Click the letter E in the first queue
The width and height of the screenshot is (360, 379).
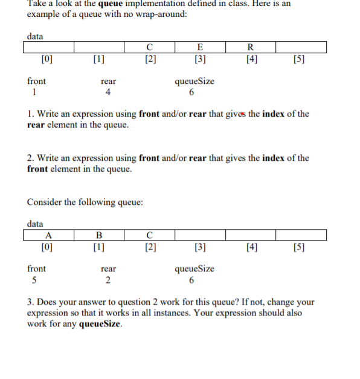click(x=201, y=48)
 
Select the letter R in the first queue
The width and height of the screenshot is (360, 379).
click(x=251, y=48)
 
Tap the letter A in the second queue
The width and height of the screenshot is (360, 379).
click(x=48, y=236)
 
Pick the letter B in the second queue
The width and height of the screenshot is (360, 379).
click(x=99, y=236)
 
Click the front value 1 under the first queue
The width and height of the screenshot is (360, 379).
click(x=34, y=92)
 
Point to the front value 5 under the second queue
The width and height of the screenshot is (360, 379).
click(x=34, y=280)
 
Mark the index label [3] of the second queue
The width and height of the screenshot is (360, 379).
click(x=201, y=247)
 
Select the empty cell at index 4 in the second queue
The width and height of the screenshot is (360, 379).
click(x=251, y=235)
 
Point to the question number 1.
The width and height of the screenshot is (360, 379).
click(x=30, y=114)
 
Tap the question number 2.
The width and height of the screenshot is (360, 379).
click(x=30, y=158)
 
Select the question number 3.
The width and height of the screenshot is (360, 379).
click(x=30, y=302)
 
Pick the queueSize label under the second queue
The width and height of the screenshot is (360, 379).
click(x=194, y=269)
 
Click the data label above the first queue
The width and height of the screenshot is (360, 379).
click(x=35, y=36)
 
